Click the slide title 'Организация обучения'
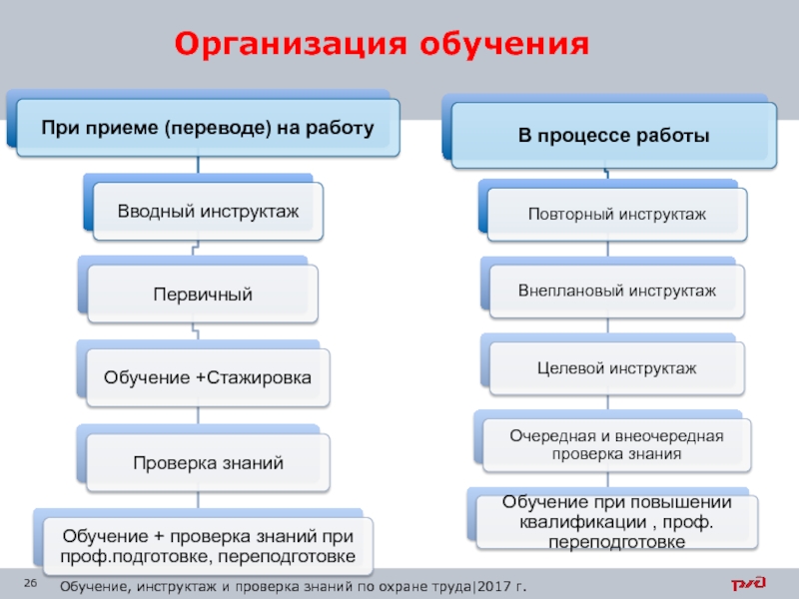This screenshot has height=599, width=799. (x=382, y=43)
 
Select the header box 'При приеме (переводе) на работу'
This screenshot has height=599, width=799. (x=208, y=128)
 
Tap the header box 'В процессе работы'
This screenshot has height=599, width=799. (x=614, y=135)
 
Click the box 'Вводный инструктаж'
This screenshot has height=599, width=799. (x=208, y=211)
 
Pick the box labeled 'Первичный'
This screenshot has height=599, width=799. (x=203, y=294)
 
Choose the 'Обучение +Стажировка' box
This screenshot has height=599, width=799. (x=208, y=377)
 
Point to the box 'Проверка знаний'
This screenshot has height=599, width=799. (x=208, y=462)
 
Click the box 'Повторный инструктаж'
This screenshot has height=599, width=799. (x=617, y=214)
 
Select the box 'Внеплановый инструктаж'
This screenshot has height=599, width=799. (x=617, y=291)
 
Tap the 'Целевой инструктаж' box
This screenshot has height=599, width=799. (x=617, y=367)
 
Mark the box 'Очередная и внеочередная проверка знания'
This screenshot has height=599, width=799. (x=617, y=444)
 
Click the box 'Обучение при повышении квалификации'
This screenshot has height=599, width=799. (x=617, y=521)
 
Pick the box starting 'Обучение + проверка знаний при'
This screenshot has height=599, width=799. (x=208, y=546)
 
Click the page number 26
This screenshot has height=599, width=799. (x=31, y=583)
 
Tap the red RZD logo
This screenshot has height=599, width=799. (x=748, y=583)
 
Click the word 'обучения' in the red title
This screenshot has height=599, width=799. (x=504, y=44)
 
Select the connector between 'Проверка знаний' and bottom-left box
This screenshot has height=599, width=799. (x=198, y=500)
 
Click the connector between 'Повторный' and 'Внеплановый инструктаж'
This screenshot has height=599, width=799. (x=608, y=249)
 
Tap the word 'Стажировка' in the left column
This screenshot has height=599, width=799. (x=259, y=377)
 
